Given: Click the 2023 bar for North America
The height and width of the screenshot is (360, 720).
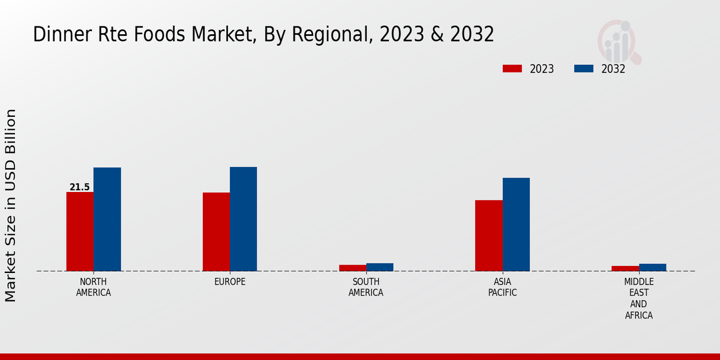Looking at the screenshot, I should [x=80, y=232].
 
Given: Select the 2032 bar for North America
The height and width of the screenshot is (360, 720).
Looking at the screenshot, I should [x=107, y=219].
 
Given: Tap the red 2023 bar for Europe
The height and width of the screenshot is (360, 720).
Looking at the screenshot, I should [x=216, y=232].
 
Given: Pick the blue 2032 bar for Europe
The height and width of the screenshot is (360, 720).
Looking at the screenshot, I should [x=244, y=219].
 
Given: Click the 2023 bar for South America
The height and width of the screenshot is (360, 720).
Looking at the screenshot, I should [x=352, y=268].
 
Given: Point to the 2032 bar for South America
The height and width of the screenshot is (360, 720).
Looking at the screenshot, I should [x=380, y=267].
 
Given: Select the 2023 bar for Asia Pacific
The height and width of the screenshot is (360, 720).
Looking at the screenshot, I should [x=489, y=235].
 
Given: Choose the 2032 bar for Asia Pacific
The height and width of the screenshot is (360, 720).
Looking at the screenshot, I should [x=516, y=224].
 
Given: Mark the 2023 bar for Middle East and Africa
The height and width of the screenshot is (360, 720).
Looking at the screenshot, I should [x=625, y=268].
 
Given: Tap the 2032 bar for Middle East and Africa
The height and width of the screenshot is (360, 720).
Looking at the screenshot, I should [x=653, y=268].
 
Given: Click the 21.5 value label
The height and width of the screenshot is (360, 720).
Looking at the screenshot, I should [x=80, y=187].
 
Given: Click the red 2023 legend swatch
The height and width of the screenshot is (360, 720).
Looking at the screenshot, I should [x=512, y=68].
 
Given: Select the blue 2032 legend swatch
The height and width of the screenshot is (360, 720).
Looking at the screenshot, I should [x=584, y=68].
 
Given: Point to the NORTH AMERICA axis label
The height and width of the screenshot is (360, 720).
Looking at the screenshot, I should [x=94, y=287].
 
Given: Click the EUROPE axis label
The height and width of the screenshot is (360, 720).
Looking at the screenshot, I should [x=230, y=282].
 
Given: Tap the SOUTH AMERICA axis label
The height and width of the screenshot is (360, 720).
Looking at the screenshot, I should [x=366, y=287].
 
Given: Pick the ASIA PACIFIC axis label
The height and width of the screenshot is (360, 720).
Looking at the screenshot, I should [x=503, y=287].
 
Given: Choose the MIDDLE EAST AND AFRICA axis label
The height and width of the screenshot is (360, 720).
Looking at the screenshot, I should [x=639, y=298].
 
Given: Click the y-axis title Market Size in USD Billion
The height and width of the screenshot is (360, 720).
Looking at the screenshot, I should [x=11, y=205].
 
